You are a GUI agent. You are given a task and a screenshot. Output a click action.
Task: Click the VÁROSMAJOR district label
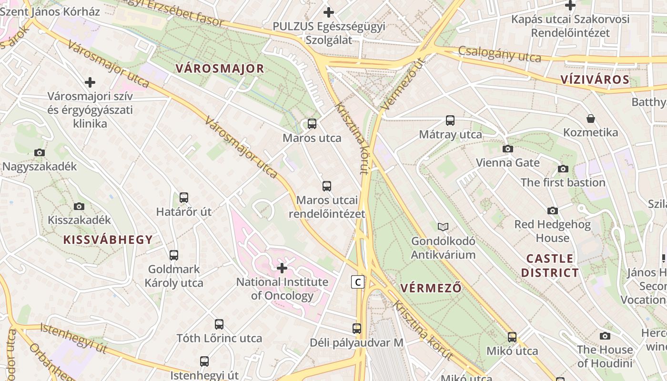pos(220,69)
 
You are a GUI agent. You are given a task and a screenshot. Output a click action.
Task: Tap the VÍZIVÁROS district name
pos(595,80)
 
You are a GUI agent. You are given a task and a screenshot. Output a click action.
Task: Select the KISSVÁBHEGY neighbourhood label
pos(108,240)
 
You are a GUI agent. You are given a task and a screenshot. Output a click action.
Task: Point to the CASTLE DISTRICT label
pos(550,266)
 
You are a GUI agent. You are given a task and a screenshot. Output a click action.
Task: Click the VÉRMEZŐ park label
pos(431,288)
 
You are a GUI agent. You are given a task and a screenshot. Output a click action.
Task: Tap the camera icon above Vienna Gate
pos(508,149)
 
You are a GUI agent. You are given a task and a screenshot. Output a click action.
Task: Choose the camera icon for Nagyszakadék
pos(40,153)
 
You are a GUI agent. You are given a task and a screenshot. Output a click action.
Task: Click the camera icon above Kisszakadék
pos(79,206)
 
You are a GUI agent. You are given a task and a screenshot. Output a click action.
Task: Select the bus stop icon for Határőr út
pos(184,198)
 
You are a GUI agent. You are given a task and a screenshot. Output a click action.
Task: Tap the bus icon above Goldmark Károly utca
pos(174,255)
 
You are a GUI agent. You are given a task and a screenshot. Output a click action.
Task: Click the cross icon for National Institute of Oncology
pos(282,268)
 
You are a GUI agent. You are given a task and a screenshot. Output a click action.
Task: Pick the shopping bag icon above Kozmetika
pos(591,119)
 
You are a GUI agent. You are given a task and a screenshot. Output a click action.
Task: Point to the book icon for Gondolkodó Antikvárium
pos(443,227)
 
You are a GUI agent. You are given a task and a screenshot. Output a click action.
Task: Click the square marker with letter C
pos(358,282)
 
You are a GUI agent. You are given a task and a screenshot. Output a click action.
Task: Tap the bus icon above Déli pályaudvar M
pos(357,329)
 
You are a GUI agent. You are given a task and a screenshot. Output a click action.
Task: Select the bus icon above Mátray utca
pos(450,120)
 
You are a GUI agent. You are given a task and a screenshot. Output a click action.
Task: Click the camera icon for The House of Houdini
pos(605,336)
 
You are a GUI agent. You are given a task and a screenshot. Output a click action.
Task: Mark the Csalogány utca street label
pos(500,54)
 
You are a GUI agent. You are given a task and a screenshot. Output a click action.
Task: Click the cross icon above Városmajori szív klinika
pos(90,83)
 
